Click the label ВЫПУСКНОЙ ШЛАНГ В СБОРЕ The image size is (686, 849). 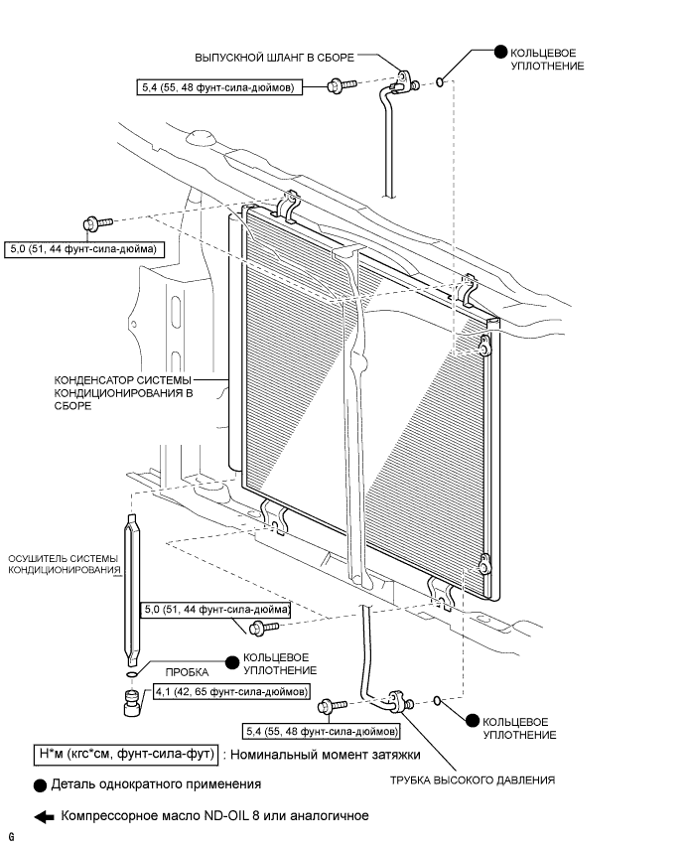click(278, 57)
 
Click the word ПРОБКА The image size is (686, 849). click(186, 671)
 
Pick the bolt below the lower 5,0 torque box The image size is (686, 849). click(259, 627)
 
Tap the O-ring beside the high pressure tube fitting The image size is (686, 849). click(438, 702)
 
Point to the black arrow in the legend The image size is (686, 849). click(43, 817)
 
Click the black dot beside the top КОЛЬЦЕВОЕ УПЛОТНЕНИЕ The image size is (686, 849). click(499, 51)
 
